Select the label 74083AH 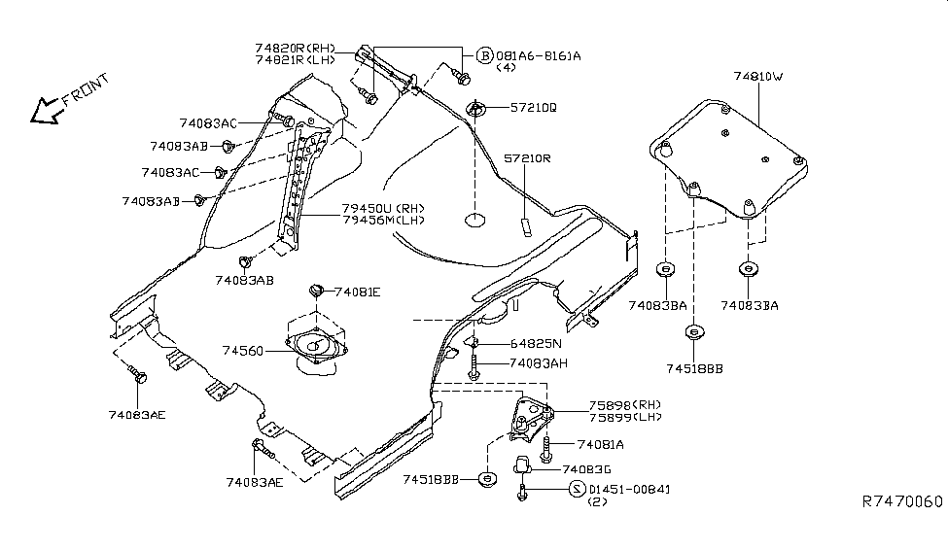tap(538, 363)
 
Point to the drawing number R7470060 tap(901, 502)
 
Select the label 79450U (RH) tap(382, 208)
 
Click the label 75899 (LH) tap(623, 417)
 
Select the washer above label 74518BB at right tap(693, 333)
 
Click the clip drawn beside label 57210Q tap(477, 109)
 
